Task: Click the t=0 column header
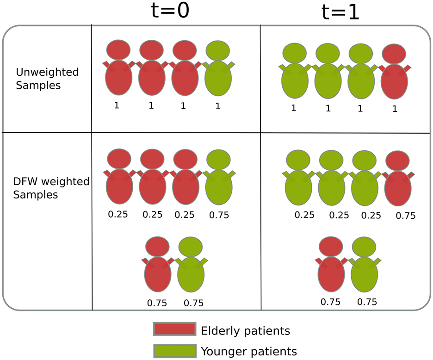click(x=170, y=11)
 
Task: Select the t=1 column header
click(x=340, y=12)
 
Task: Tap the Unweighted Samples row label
click(x=47, y=79)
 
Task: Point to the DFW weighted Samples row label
click(x=51, y=188)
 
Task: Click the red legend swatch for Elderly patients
click(x=174, y=329)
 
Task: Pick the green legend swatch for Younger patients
click(x=174, y=351)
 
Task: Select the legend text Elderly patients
click(x=245, y=331)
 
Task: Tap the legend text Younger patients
click(x=249, y=351)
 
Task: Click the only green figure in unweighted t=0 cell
click(x=218, y=74)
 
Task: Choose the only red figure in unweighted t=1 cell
click(x=394, y=76)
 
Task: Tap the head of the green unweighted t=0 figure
click(x=217, y=50)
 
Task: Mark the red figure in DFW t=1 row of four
click(x=397, y=185)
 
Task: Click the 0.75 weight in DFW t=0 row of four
click(x=219, y=215)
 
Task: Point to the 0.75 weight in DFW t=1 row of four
click(x=406, y=216)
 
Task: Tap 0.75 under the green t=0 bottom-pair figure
click(x=193, y=304)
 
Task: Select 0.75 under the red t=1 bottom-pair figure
click(x=331, y=302)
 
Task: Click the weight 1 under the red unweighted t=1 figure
click(x=395, y=109)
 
